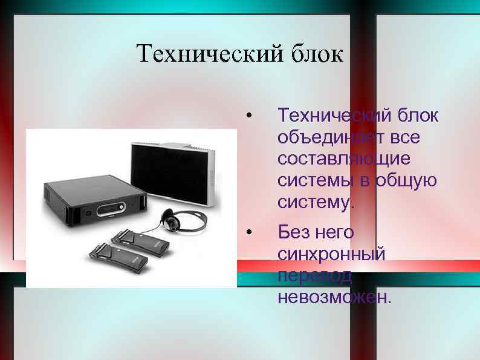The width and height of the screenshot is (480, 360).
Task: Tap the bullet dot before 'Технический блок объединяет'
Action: tap(249, 116)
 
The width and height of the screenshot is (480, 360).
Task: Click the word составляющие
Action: tap(343, 159)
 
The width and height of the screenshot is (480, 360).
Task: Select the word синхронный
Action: tap(331, 254)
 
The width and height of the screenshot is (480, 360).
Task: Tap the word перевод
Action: tap(314, 275)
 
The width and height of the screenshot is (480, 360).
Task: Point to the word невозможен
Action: tap(334, 296)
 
